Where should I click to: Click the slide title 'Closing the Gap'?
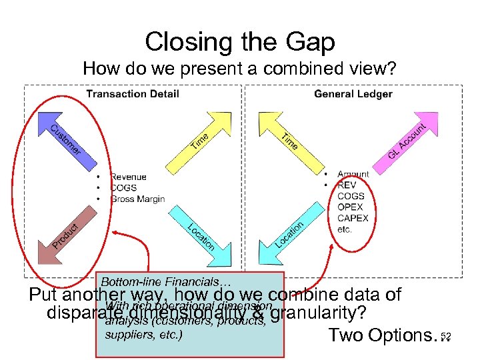239,42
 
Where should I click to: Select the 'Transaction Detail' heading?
133,94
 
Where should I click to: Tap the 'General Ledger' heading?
353,94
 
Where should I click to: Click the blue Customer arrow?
65,140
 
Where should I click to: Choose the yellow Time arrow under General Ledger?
291,141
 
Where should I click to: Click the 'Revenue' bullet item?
129,177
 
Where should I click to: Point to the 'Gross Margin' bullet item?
137,199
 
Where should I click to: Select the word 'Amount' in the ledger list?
353,175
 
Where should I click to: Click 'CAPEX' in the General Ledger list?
353,218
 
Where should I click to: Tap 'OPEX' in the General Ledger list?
351,207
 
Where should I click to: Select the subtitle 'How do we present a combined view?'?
239,69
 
